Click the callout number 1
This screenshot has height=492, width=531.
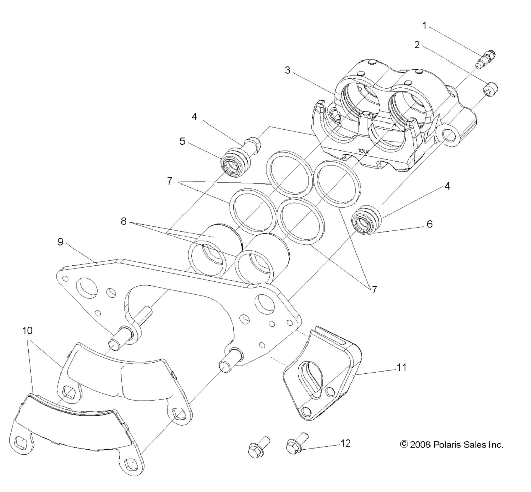[424, 26]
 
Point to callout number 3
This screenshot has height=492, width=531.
[287, 70]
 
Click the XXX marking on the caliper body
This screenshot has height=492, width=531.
[363, 151]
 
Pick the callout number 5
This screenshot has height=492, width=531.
[182, 141]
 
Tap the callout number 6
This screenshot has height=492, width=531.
[429, 224]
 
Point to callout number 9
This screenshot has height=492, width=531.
[61, 242]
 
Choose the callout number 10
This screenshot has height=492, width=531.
[27, 330]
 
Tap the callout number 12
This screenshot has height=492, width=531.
[345, 443]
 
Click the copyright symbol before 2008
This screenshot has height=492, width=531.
[404, 444]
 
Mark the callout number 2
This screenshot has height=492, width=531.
[417, 45]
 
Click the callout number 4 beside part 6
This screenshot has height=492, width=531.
[447, 186]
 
